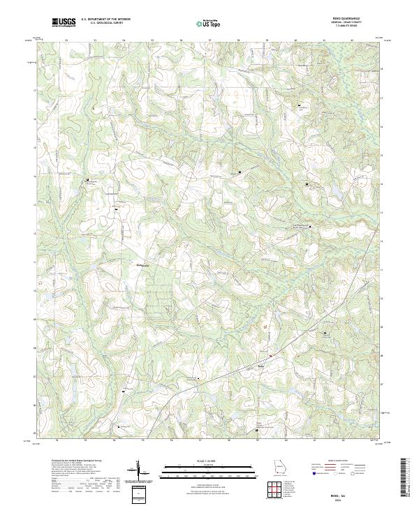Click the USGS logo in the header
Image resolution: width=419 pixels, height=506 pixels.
(64, 22)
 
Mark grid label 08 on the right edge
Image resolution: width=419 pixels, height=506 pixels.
(381, 355)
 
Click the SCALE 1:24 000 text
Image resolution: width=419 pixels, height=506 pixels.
(209, 461)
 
